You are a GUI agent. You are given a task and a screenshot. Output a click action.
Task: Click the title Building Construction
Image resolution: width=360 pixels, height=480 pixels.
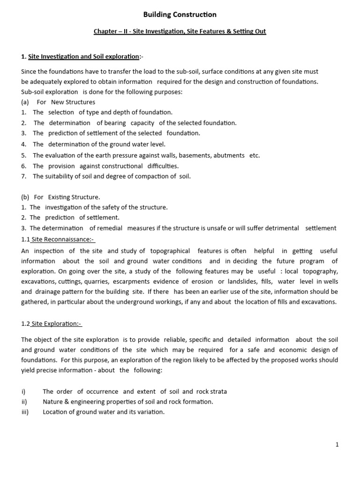(180, 15)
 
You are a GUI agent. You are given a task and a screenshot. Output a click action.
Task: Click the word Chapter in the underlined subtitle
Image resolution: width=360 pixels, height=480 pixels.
(106, 31)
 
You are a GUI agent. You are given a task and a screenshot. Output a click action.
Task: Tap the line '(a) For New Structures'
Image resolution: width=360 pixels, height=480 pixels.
(58, 102)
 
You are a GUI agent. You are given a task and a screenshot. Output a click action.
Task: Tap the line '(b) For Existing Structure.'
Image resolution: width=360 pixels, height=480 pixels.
(60, 197)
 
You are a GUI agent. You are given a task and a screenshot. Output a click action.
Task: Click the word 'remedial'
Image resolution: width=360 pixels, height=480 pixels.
(111, 228)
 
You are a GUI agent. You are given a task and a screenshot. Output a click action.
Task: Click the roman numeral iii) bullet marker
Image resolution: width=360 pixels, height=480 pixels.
(25, 412)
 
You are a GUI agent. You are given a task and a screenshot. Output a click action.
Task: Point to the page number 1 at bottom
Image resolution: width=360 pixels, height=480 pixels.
(337, 445)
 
